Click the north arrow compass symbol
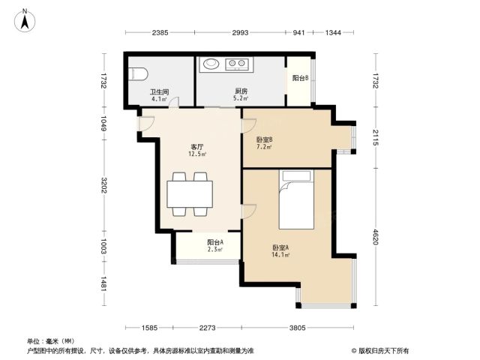pyautogui.click(x=25, y=20)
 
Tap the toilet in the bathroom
pyautogui.click(x=138, y=74)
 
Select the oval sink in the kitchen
pyautogui.click(x=211, y=64)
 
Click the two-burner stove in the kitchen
pyautogui.click(x=237, y=64)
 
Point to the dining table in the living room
pyautogui.click(x=190, y=194)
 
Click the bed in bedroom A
pyautogui.click(x=296, y=199)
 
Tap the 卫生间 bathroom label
pyautogui.click(x=159, y=91)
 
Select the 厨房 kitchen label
pyautogui.click(x=241, y=91)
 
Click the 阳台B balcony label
pyautogui.click(x=300, y=78)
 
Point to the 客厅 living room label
pyautogui.click(x=196, y=147)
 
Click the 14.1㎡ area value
pyautogui.click(x=280, y=255)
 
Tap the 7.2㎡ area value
pyautogui.click(x=264, y=147)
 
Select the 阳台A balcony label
pyautogui.click(x=215, y=242)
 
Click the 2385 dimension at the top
pyautogui.click(x=160, y=32)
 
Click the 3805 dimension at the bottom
pyautogui.click(x=298, y=328)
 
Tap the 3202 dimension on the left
pyautogui.click(x=104, y=185)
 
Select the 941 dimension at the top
pyautogui.click(x=298, y=32)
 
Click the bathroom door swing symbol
pyautogui.click(x=175, y=102)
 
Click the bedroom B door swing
pyautogui.click(x=248, y=125)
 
